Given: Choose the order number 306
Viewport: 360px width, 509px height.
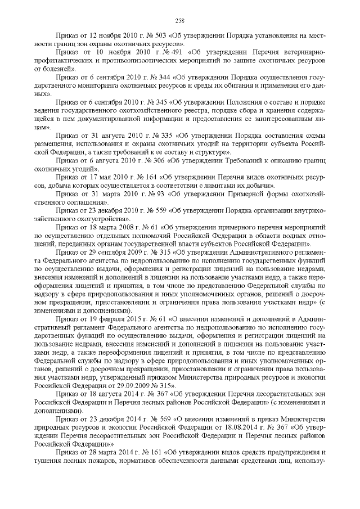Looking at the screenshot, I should (x=154, y=160).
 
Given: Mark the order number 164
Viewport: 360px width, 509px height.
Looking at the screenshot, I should (x=150, y=177).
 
